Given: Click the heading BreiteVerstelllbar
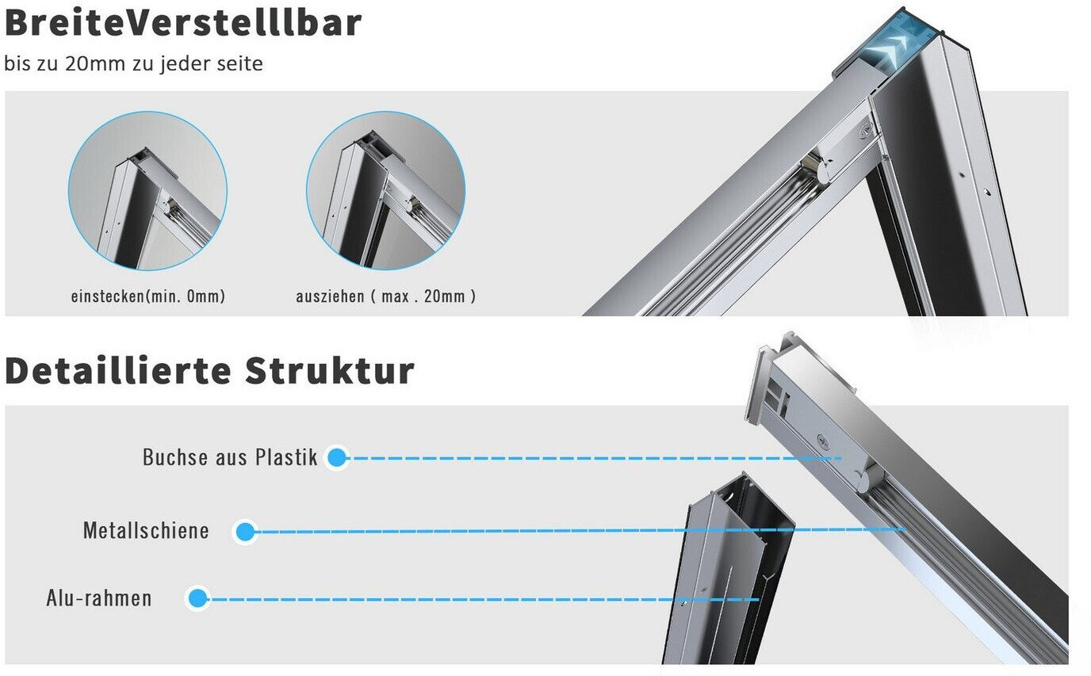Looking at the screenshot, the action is [x=183, y=23].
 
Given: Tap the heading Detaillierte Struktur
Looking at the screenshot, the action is [x=209, y=371].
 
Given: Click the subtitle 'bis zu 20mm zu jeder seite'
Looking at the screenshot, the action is [x=133, y=63].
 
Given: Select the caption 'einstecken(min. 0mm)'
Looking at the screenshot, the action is [x=148, y=296].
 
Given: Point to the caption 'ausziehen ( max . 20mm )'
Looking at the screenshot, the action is [x=386, y=296].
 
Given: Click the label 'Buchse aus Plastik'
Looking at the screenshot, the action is [x=230, y=457].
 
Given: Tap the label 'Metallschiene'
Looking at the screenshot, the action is [x=146, y=530].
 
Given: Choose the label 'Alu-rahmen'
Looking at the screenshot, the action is [x=99, y=598].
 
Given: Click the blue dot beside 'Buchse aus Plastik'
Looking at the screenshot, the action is [x=336, y=457].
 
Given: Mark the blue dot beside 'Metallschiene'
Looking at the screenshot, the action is [x=245, y=532].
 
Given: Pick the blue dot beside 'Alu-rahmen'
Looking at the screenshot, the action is [x=197, y=598].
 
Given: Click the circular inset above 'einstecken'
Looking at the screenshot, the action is [x=147, y=190].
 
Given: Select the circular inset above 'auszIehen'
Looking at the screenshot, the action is [x=386, y=190].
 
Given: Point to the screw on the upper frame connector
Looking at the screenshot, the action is [x=866, y=131].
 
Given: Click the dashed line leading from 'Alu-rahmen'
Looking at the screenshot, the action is [x=483, y=600].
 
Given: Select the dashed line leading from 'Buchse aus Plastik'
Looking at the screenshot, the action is [x=594, y=458].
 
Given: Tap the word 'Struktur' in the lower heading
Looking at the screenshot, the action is [x=330, y=371].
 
